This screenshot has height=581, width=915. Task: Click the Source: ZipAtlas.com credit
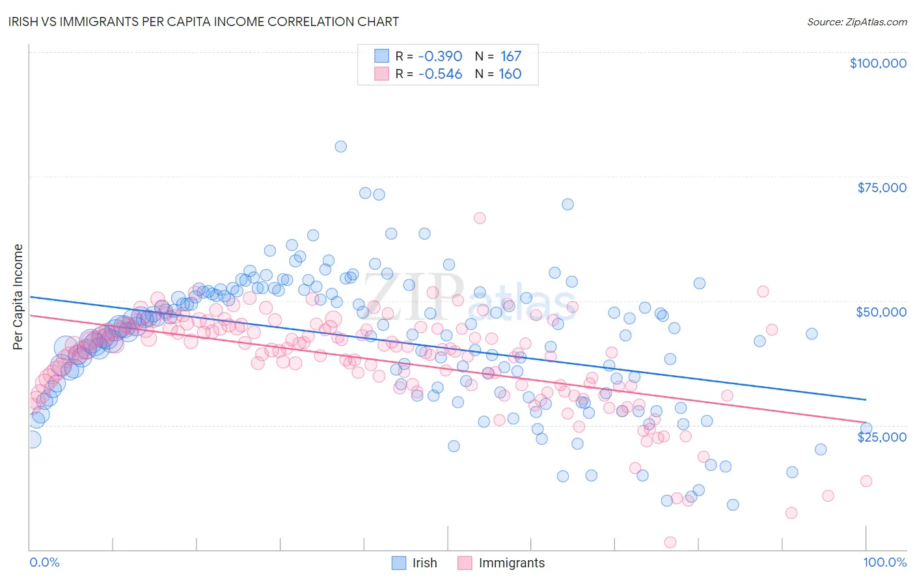click(x=856, y=21)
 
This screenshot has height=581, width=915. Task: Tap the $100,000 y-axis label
click(x=878, y=63)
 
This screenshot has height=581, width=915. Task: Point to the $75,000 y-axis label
click(x=882, y=188)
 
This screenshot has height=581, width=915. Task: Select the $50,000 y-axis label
click(x=881, y=312)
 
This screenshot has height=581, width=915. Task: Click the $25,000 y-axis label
click(x=882, y=436)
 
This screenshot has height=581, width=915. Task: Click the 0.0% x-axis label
click(x=44, y=562)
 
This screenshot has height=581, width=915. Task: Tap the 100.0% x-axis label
click(x=884, y=562)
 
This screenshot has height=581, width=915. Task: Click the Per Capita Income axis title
click(x=18, y=296)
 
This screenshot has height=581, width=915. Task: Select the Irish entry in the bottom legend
click(x=424, y=563)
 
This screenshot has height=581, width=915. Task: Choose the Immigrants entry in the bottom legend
click(x=512, y=563)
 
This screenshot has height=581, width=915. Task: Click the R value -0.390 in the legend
click(x=440, y=56)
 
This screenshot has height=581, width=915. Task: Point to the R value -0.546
click(x=440, y=74)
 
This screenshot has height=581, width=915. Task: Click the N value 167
click(x=511, y=56)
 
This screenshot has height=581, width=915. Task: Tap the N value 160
click(x=510, y=74)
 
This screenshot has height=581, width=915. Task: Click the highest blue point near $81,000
click(x=340, y=147)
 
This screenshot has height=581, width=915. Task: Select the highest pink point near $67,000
click(x=480, y=218)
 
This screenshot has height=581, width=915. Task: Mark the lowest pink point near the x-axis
click(x=670, y=543)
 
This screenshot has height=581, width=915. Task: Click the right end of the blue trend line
click(x=866, y=399)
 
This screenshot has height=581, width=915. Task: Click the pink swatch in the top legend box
click(x=381, y=74)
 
